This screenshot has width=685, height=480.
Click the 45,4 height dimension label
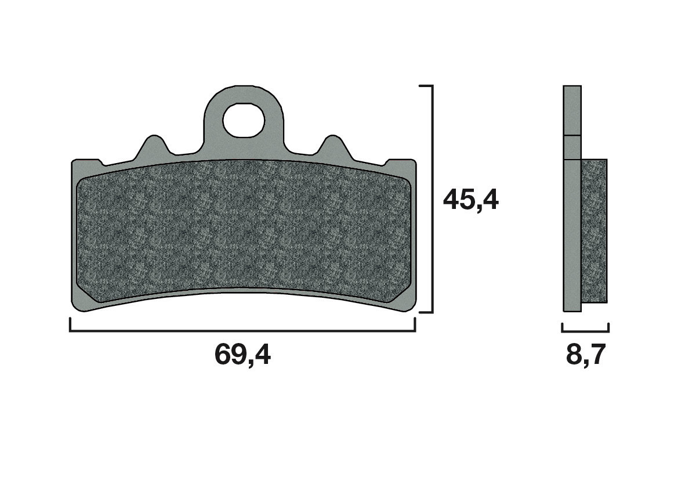470,200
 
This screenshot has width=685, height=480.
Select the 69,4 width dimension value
242,355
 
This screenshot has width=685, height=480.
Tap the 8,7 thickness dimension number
586,355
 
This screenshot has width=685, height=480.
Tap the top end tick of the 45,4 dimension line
425,86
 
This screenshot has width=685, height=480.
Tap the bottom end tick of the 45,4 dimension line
425,312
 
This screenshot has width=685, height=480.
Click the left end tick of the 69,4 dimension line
70,324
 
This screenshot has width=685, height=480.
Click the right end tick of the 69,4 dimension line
415,324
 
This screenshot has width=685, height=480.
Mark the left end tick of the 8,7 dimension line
563,328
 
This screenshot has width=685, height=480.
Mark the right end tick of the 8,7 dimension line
608,328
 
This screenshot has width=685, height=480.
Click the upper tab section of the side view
572,110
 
